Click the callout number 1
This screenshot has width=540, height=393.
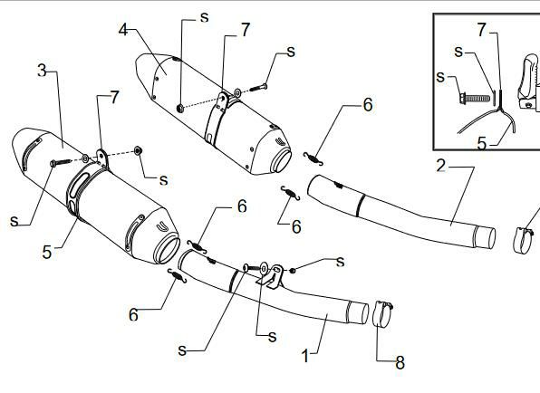tap(305, 356)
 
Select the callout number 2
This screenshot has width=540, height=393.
tap(441, 166)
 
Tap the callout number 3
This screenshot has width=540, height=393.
tap(42, 71)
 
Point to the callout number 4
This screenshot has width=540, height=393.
tap(123, 30)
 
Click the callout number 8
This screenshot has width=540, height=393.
tap(400, 363)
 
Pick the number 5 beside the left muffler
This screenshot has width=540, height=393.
tap(47, 253)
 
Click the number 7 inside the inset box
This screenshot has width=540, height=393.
tap(482, 30)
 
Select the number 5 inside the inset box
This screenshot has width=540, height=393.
tap(482, 143)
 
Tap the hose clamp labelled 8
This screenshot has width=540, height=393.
tap(383, 313)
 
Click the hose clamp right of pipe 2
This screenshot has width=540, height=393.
tap(523, 240)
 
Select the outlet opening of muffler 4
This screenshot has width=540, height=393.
tap(282, 160)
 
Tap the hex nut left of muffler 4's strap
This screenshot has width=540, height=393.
tap(179, 109)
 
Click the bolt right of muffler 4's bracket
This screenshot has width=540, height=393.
tap(258, 88)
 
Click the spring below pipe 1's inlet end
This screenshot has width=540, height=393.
tap(177, 276)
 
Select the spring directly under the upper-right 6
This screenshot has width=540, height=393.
tap(313, 158)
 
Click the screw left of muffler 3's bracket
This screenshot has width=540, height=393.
tap(61, 162)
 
